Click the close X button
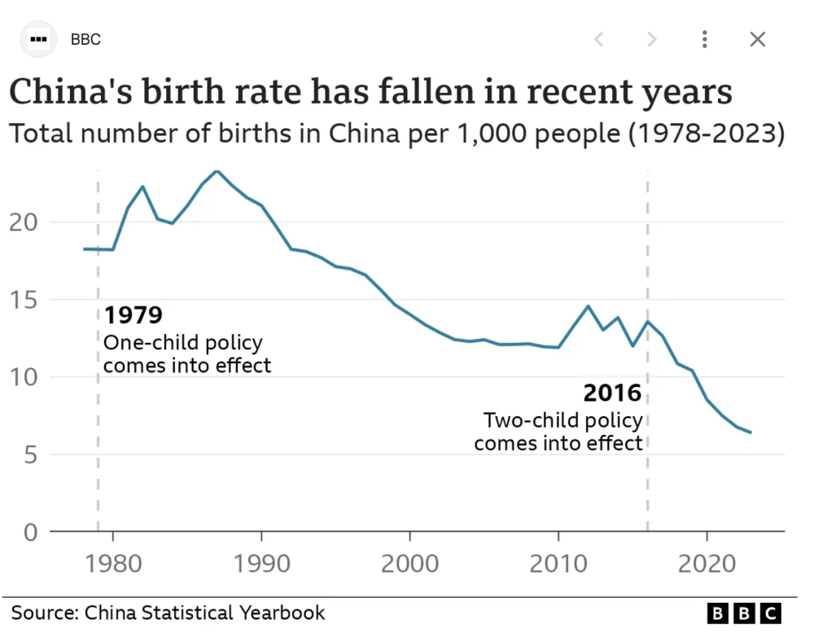(x=757, y=39)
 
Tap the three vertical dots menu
(x=705, y=39)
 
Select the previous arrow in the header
(x=598, y=39)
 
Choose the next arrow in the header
(x=651, y=39)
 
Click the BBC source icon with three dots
(x=38, y=39)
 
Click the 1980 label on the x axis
(x=112, y=564)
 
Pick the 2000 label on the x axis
(x=409, y=564)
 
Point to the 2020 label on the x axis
(x=707, y=564)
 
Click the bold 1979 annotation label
(x=133, y=315)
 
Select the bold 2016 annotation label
(x=612, y=394)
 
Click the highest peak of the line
(x=217, y=171)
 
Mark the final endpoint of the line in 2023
(x=751, y=433)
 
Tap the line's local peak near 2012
(x=588, y=305)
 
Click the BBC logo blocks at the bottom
(x=744, y=613)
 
